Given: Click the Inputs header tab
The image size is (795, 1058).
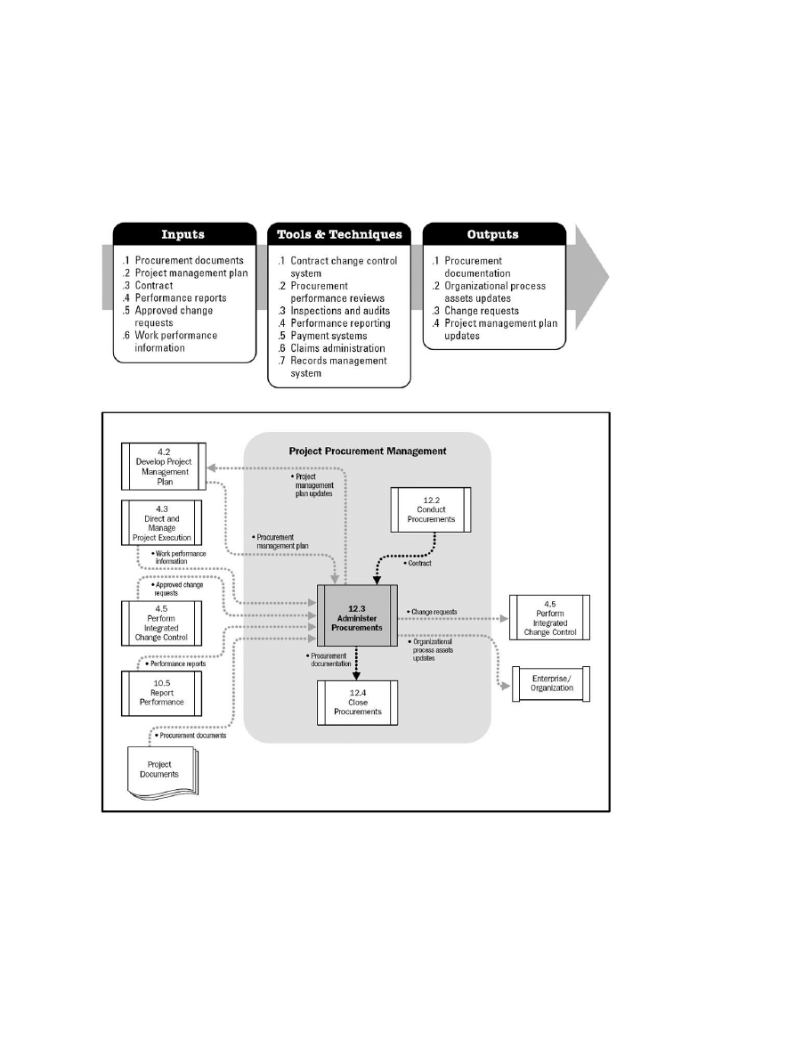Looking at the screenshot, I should pos(183,235).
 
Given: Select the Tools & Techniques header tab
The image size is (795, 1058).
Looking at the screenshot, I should pos(339,235).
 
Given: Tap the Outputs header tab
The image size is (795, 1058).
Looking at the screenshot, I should pos(494,235).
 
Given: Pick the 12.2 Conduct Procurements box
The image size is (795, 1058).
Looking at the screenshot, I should pos(431,509).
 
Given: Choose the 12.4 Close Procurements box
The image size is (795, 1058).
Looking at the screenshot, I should pos(357,702).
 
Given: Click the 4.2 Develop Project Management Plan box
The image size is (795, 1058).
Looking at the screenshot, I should pos(164,466).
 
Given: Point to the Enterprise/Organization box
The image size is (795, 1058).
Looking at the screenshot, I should pos(552,682).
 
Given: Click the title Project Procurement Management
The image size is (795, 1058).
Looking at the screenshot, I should pos(368,452).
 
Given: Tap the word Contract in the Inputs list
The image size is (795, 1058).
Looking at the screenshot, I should pos(156,285).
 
